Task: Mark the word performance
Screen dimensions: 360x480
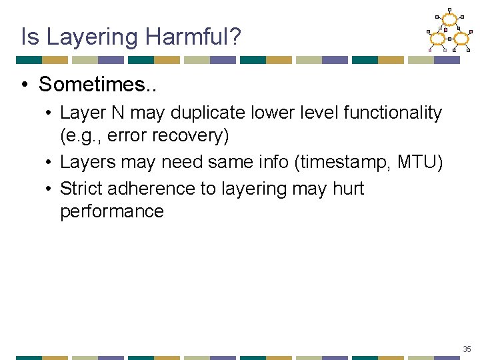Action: point(111,211)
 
